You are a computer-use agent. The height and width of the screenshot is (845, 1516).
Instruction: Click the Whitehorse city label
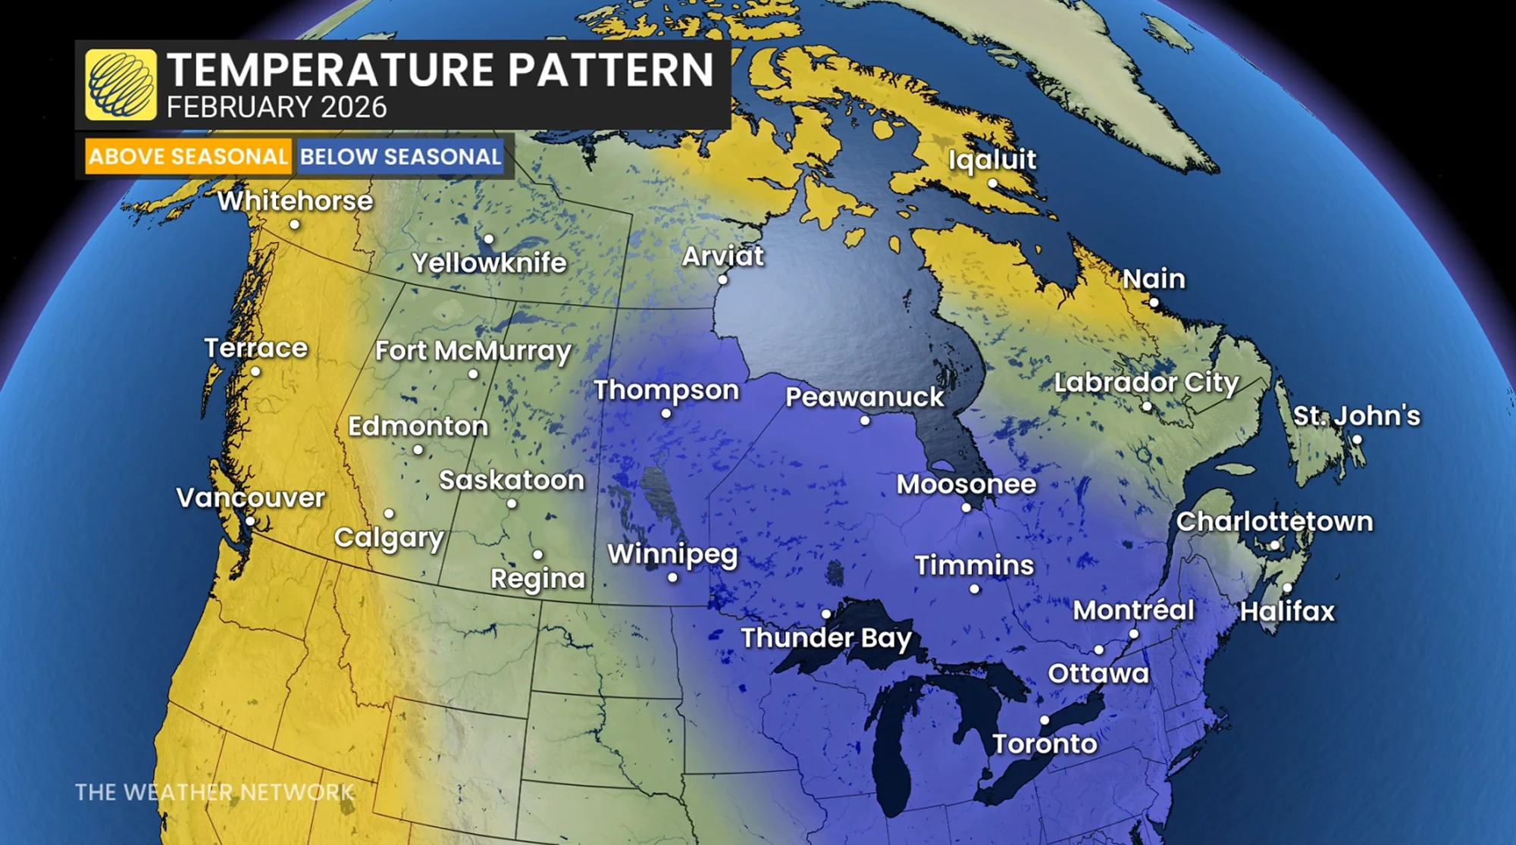point(295,201)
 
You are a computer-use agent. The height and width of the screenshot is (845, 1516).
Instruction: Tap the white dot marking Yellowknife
point(489,239)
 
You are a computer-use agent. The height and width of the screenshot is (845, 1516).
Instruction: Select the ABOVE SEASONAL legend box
point(187,157)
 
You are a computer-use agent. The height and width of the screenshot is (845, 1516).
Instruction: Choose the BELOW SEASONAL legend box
point(400,157)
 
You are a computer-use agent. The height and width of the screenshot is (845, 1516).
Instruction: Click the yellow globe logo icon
point(121,84)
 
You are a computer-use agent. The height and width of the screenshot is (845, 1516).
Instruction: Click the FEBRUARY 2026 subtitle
point(277,108)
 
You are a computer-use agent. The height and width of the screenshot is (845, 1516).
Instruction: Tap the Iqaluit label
point(991,159)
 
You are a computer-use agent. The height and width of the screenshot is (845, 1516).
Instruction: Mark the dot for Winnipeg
point(672,577)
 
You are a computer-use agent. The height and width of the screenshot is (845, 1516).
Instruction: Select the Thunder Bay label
point(825,638)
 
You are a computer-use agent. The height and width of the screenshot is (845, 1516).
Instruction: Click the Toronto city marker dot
point(1045,720)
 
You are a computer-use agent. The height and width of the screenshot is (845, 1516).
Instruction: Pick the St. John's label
point(1356,415)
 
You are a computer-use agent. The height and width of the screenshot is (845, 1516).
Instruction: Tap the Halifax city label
point(1286,611)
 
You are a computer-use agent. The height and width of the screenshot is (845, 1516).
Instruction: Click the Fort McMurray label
point(473,351)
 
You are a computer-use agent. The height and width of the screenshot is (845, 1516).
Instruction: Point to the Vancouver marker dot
point(250,521)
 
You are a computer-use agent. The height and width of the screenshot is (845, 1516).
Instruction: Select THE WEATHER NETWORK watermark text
point(215,793)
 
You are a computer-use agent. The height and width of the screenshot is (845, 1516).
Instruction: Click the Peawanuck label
point(864,397)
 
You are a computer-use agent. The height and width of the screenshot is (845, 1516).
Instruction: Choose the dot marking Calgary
point(389,514)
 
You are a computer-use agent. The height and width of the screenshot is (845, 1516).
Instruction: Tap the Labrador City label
point(1146,382)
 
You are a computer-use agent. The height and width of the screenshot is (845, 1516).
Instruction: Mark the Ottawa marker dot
point(1098,649)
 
